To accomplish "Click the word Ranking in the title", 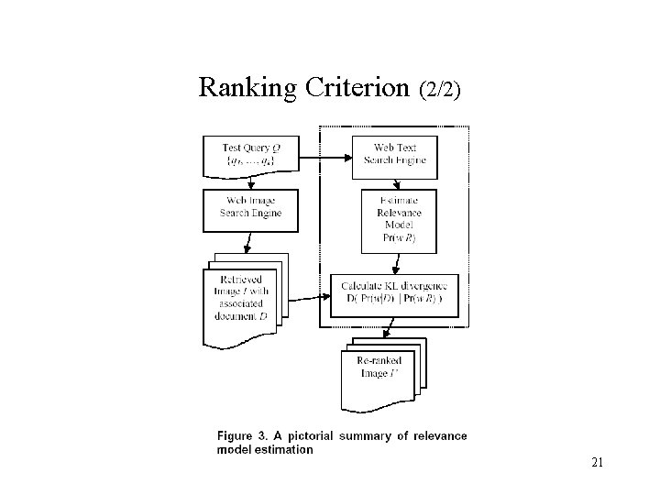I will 247,88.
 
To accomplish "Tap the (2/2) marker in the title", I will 440,90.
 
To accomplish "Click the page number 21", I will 597,463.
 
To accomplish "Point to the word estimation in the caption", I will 285,449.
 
